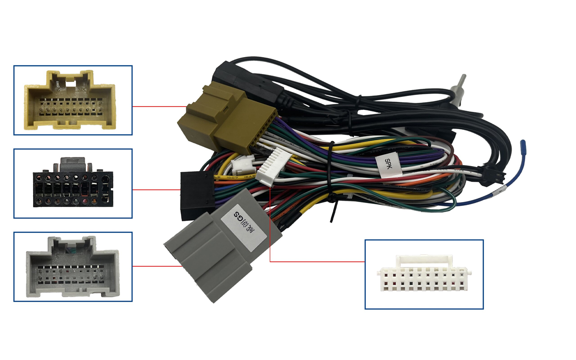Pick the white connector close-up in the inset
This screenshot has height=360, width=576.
(x=423, y=276)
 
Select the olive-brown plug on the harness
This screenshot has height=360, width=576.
(x=226, y=118)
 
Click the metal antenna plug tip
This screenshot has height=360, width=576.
(x=462, y=82)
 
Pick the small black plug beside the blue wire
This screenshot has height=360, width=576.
(x=493, y=178)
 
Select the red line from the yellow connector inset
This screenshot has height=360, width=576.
(x=158, y=107)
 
